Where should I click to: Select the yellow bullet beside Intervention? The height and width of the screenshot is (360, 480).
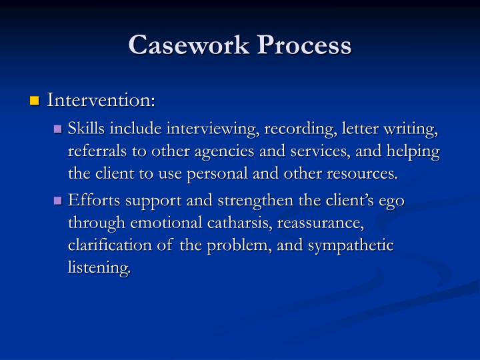click(35, 101)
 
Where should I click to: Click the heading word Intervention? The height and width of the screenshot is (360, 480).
click(101, 101)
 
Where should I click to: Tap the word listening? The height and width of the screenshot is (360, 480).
click(99, 268)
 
